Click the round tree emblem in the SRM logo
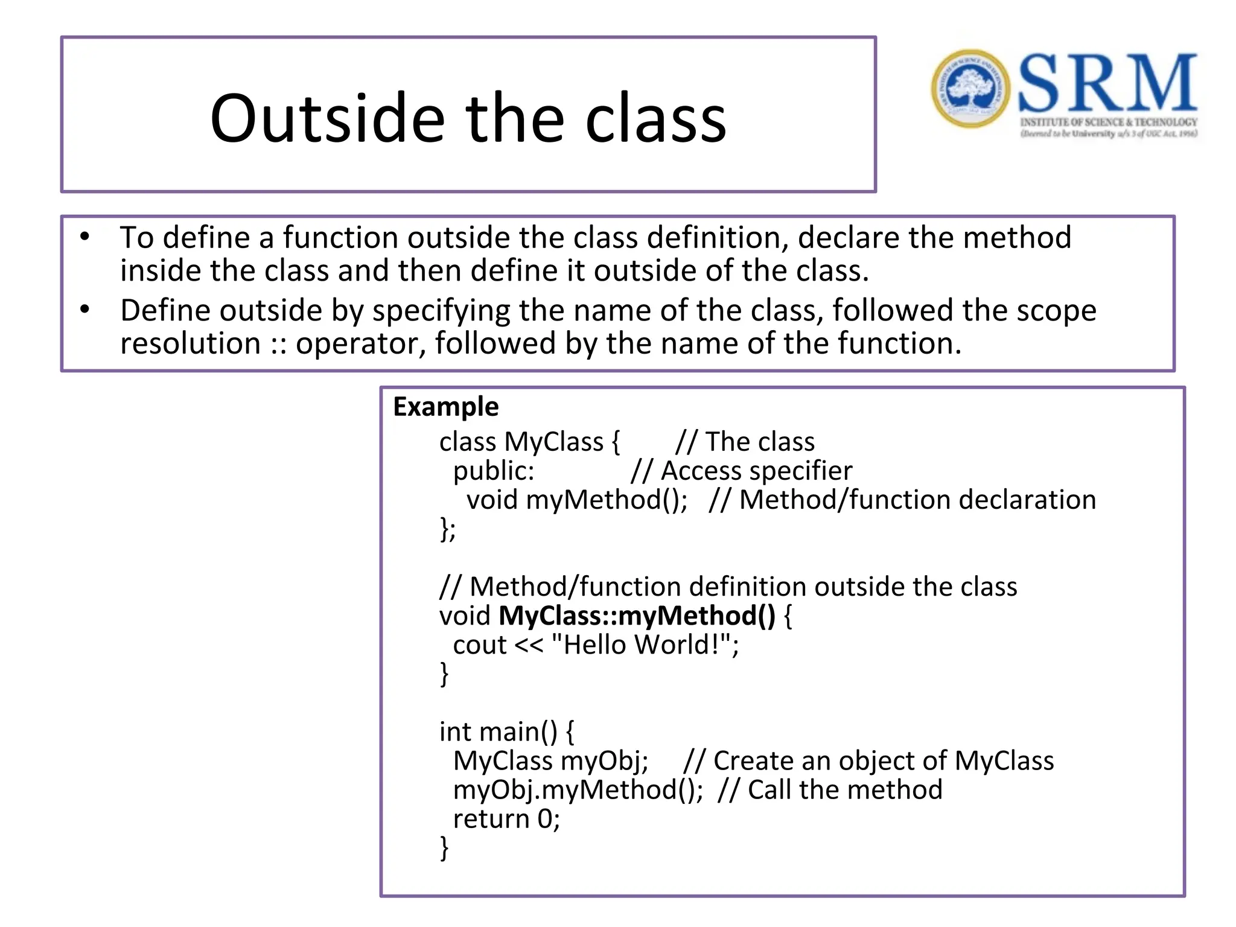[970, 89]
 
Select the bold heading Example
[445, 407]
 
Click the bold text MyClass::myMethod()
[637, 616]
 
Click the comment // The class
[745, 442]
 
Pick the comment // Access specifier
[741, 471]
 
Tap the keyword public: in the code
[494, 471]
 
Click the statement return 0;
[506, 819]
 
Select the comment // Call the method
[829, 790]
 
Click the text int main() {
[506, 732]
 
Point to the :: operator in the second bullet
[278, 344]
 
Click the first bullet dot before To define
[85, 237]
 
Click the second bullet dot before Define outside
[85, 310]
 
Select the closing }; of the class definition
[447, 529]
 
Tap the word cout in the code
[479, 645]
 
